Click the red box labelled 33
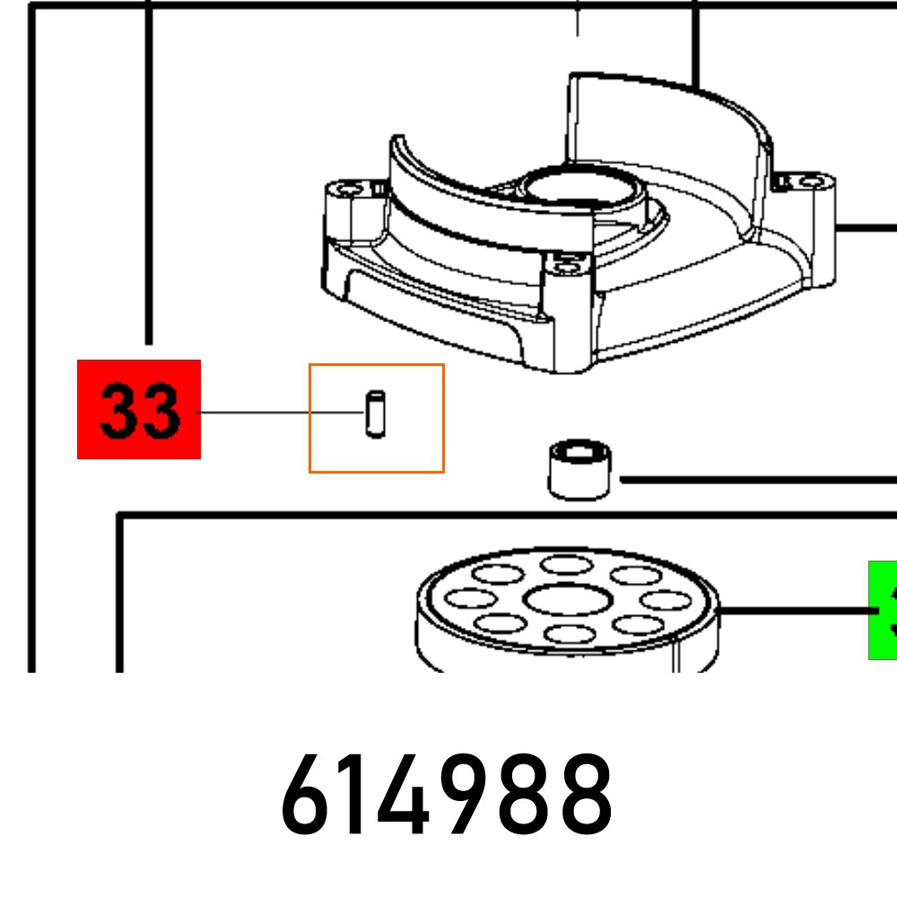pos(139,409)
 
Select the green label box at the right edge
pos(883,610)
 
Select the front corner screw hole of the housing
pos(565,265)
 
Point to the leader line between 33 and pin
pos(278,412)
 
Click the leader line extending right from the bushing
pos(753,480)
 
